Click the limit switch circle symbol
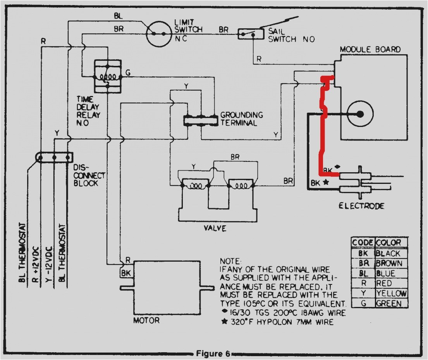[x=159, y=34]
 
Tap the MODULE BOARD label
[x=370, y=50]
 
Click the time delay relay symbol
[x=108, y=76]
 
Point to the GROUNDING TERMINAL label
[x=242, y=119]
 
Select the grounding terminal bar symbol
[x=200, y=120]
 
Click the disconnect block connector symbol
[x=54, y=158]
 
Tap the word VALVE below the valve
[x=215, y=228]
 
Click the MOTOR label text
[x=146, y=321]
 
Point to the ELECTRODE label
[x=361, y=206]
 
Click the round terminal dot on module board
[x=360, y=114]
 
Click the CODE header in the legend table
[x=363, y=243]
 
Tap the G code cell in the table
[x=363, y=303]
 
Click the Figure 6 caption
[x=213, y=353]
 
